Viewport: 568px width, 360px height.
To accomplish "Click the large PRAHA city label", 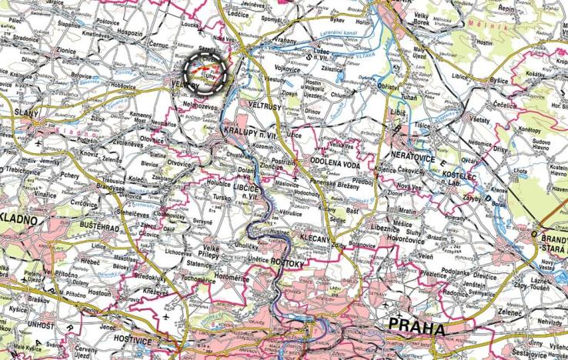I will [x=417, y=328].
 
